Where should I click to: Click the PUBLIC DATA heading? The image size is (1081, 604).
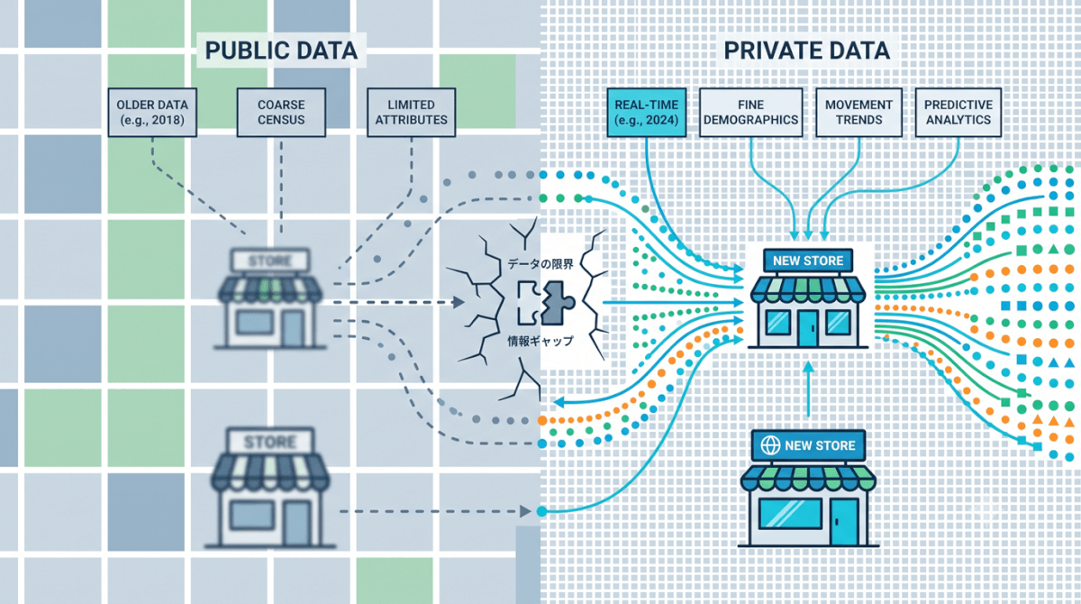(x=281, y=50)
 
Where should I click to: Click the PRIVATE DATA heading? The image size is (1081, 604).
(x=807, y=50)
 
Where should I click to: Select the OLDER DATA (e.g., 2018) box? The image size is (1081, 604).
(x=152, y=113)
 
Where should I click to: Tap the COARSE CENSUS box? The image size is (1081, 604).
(x=281, y=113)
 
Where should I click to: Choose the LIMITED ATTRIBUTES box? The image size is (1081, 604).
(x=411, y=113)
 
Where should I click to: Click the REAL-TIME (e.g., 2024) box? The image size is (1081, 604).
(x=647, y=113)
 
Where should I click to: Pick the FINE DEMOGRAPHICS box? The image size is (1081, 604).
(x=751, y=113)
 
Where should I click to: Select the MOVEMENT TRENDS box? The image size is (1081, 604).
(x=859, y=113)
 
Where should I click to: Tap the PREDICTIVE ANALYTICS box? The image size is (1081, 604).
(x=958, y=113)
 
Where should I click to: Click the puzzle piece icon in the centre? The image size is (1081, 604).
(x=547, y=303)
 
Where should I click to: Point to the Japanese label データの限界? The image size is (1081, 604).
(x=540, y=264)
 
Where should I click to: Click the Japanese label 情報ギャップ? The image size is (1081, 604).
(x=540, y=341)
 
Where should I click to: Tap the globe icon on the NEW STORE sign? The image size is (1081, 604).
(x=770, y=445)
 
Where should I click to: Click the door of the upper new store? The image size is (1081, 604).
(x=808, y=328)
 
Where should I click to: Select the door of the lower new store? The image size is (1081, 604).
(x=844, y=521)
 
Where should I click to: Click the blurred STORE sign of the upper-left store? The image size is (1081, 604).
(x=270, y=261)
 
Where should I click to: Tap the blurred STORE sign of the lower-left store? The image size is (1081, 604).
(x=270, y=442)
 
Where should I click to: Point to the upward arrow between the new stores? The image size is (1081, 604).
(x=809, y=389)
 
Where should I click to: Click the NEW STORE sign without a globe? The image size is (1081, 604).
(x=808, y=261)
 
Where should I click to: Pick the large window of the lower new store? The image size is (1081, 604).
(x=790, y=514)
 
